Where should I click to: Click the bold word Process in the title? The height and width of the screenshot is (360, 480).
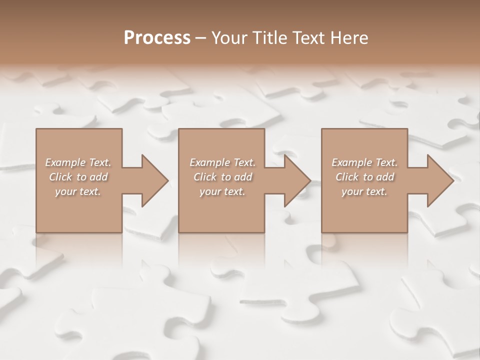point(157,38)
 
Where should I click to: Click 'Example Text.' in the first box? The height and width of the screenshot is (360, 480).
point(78,162)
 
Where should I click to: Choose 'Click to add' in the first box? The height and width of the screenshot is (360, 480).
point(78,177)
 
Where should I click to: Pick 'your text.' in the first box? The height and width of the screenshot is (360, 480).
point(78,191)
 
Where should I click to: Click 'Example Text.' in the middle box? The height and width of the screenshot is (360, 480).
point(222,162)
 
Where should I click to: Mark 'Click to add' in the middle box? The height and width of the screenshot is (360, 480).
point(222,177)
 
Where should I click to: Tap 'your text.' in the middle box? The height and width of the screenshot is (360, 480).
point(222,191)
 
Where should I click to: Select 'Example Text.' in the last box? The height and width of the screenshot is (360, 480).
point(364,162)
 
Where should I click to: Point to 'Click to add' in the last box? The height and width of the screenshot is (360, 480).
point(364,177)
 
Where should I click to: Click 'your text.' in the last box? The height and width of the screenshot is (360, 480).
point(364,191)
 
